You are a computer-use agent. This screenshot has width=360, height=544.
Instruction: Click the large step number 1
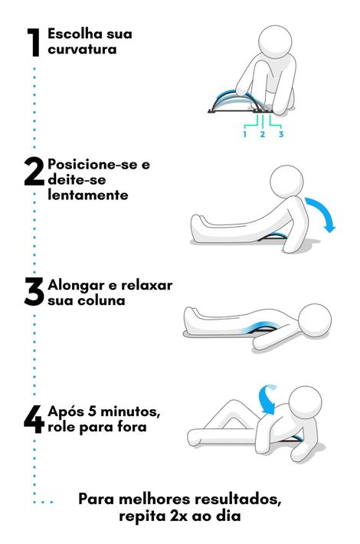[x=34, y=42]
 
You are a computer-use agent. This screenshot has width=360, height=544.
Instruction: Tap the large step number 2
[x=34, y=172]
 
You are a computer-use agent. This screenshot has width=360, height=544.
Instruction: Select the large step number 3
[x=34, y=291]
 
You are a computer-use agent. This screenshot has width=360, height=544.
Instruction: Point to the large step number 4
[x=34, y=419]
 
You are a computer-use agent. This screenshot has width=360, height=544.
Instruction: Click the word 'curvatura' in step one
[x=82, y=49]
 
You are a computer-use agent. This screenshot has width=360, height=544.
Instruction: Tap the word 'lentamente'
[x=88, y=195]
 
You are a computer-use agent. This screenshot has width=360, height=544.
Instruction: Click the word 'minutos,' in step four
[x=130, y=412]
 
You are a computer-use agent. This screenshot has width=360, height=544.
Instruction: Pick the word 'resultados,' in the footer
[x=237, y=499]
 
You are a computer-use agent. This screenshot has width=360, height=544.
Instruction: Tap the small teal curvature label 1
[x=245, y=134]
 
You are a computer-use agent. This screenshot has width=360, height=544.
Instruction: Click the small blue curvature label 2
[x=263, y=134]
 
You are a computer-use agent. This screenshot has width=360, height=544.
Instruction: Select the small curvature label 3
[x=281, y=134]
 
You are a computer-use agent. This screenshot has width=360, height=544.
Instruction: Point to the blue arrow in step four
[x=268, y=399]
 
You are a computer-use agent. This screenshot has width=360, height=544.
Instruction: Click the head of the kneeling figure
[x=276, y=41]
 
